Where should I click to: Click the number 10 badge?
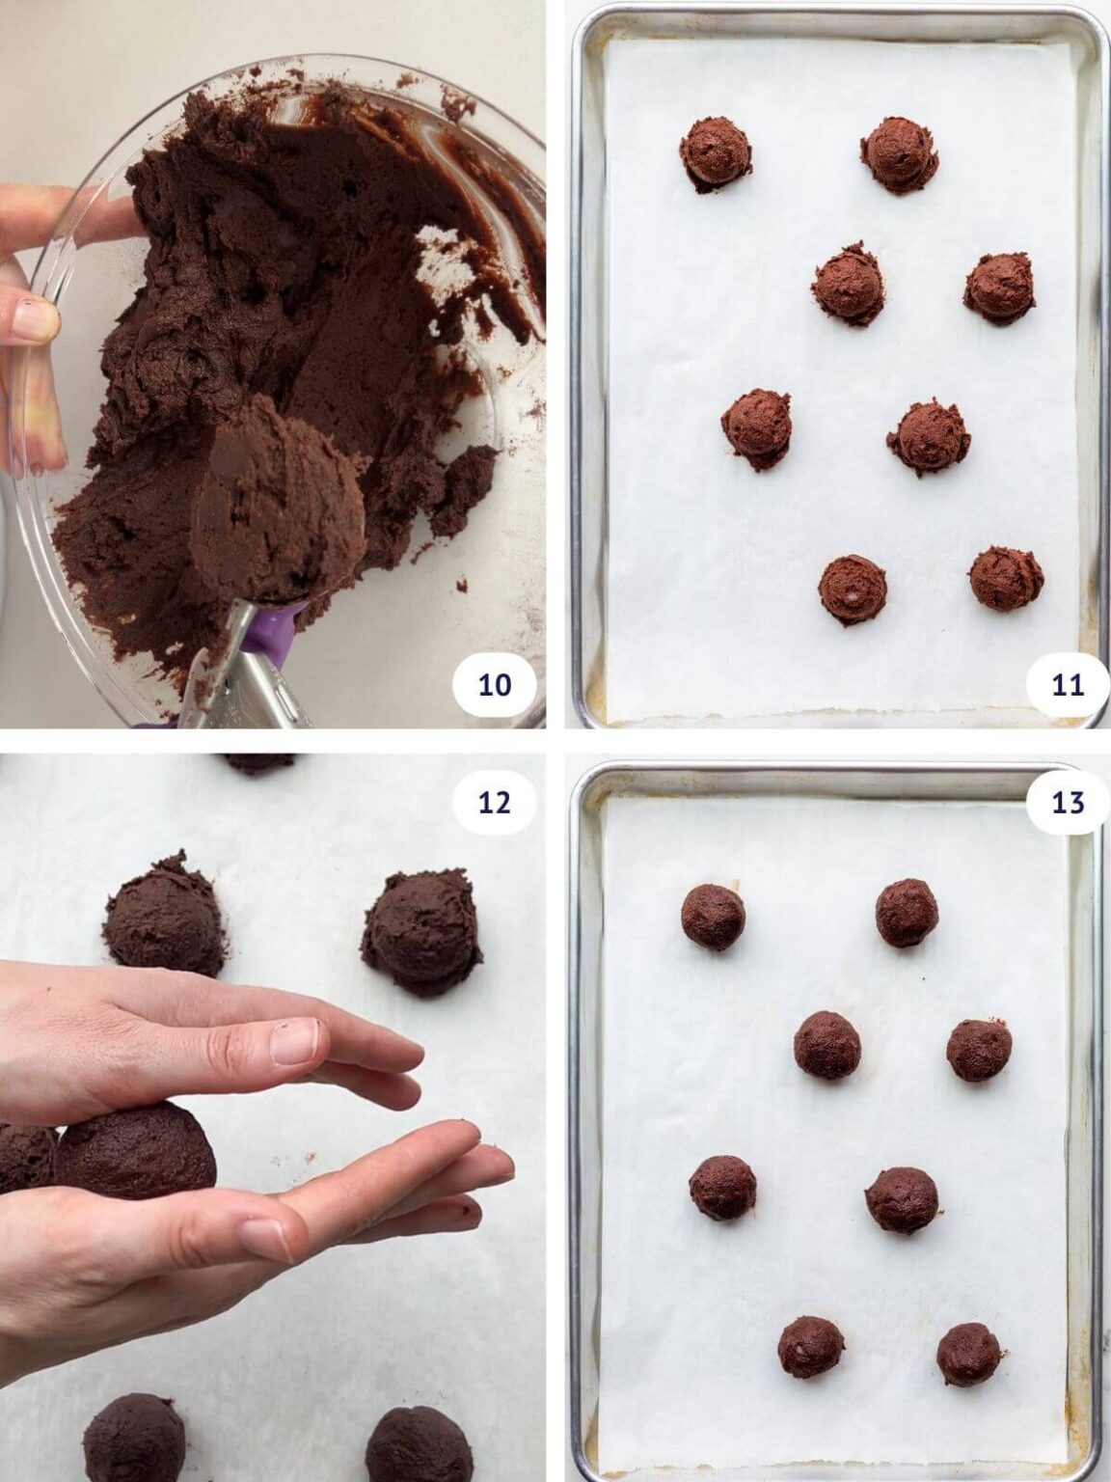(x=494, y=685)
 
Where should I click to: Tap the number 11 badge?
(x=1067, y=685)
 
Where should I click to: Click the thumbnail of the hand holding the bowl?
(x=36, y=319)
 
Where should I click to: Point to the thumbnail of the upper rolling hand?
(x=294, y=1041)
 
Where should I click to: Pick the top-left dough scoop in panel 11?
(x=718, y=154)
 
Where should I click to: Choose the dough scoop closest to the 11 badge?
(x=1006, y=578)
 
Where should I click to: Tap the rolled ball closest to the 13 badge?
(x=907, y=912)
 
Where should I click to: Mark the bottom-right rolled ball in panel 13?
(x=968, y=1353)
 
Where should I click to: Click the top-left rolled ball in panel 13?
(x=714, y=917)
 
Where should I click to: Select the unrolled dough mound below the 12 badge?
(x=422, y=931)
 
